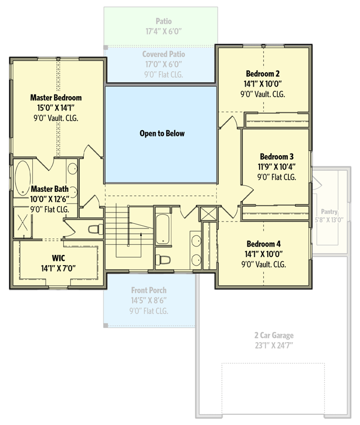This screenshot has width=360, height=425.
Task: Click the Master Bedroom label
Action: pos(56,98)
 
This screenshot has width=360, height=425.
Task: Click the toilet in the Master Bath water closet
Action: pos(95,229)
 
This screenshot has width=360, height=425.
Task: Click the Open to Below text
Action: pos(162,133)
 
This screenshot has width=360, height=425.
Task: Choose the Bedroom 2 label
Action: pos(262,73)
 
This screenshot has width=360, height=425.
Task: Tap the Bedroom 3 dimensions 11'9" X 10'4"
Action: pos(277,167)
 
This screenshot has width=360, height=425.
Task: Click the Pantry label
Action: pos(329,211)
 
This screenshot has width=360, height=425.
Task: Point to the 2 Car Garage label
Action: pos(273,335)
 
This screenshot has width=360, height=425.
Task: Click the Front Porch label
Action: pos(149,290)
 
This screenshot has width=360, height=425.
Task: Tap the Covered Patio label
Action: pos(163,54)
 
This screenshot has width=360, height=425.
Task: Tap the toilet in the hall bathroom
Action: pos(163,260)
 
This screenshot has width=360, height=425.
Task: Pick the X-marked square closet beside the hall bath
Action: pos(207,215)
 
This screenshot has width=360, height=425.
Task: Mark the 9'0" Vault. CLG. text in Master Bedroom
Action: pos(56,118)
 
